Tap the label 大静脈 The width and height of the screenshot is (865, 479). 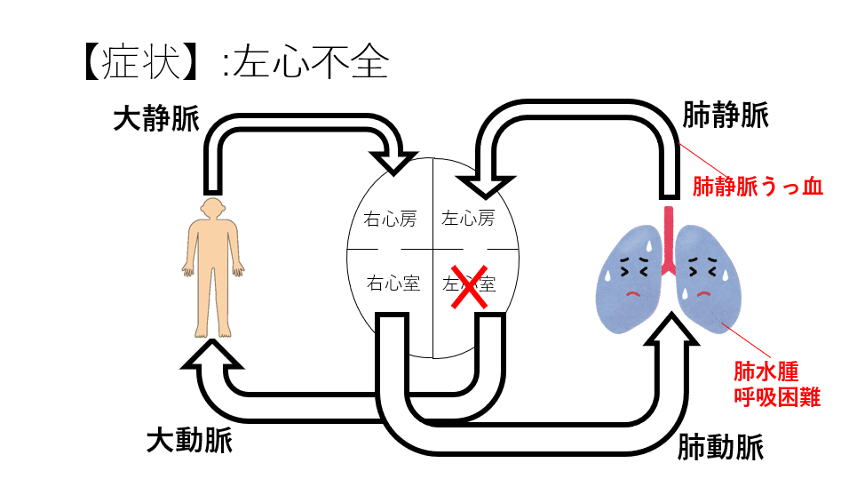(x=156, y=120)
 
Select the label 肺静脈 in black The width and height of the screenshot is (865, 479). (x=726, y=115)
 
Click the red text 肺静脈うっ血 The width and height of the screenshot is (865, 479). (x=758, y=187)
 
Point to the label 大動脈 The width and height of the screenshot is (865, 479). (x=189, y=439)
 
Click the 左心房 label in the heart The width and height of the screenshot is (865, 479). (x=468, y=219)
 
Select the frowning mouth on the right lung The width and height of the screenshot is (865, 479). (x=704, y=291)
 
